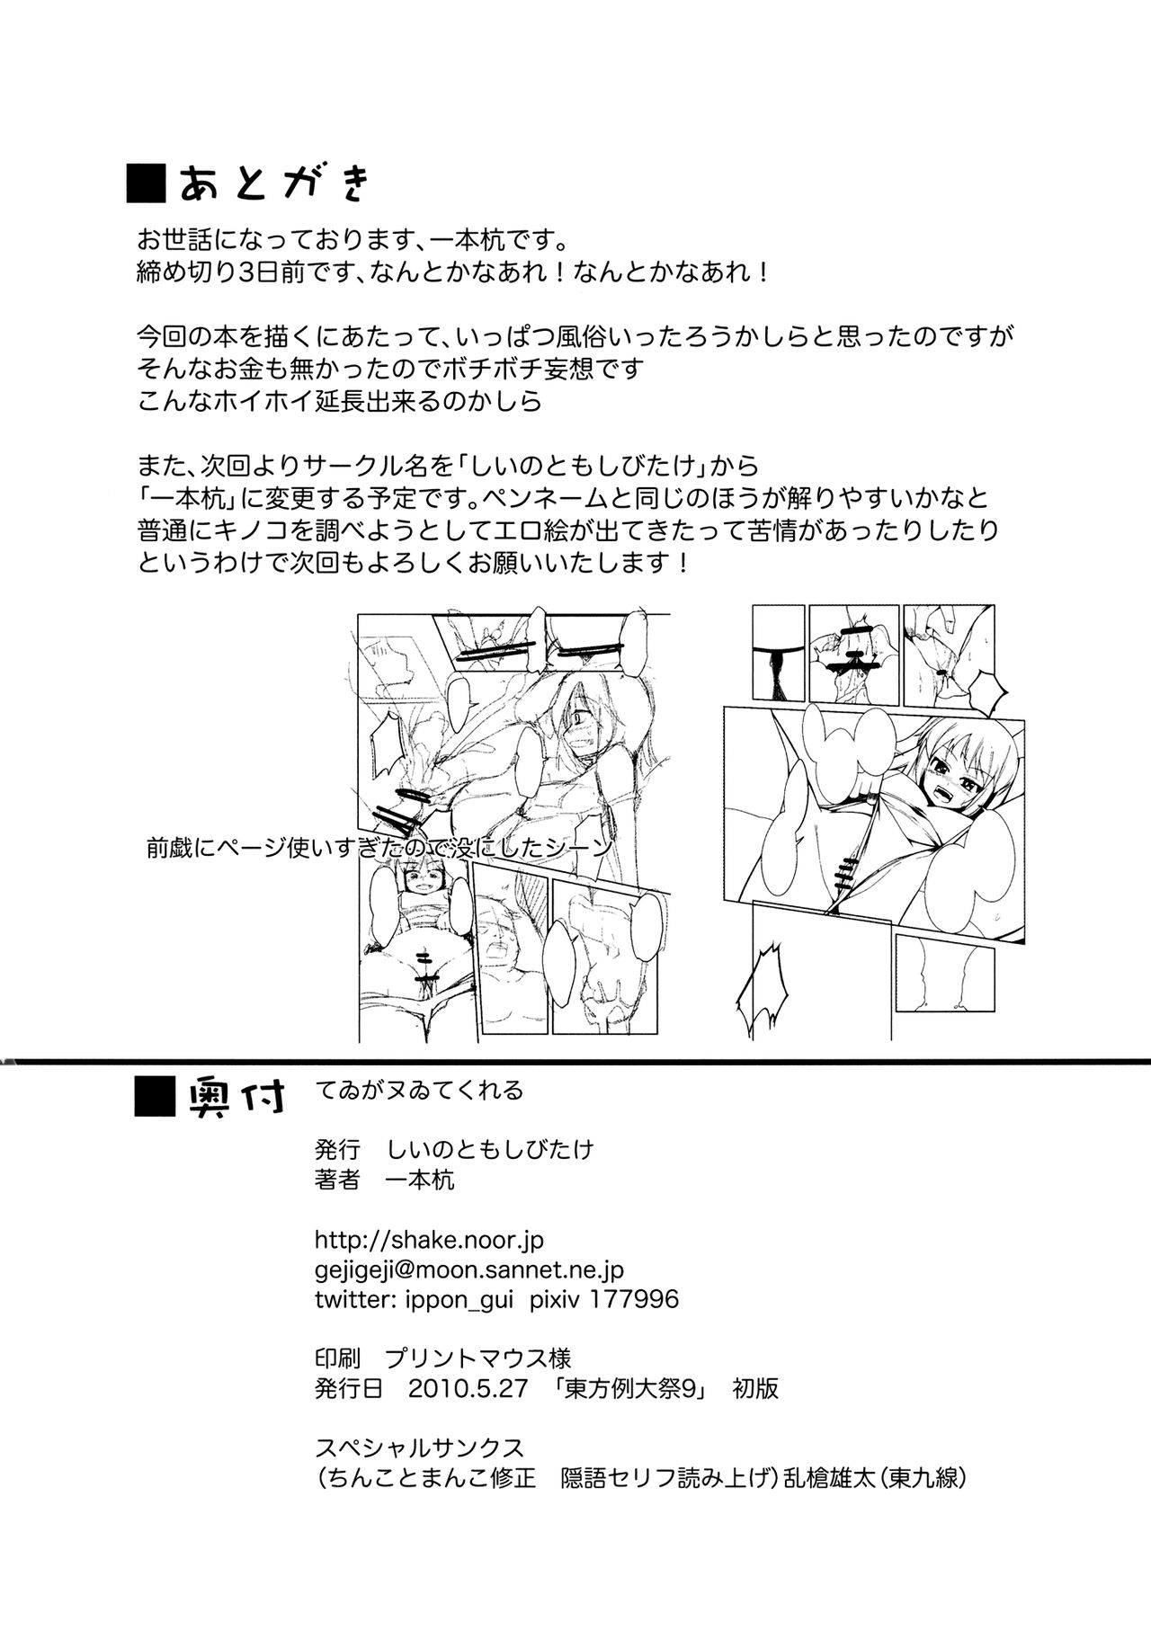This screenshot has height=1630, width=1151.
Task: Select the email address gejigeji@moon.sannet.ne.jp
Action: [468, 1269]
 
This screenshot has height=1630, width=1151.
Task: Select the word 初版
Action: [755, 1388]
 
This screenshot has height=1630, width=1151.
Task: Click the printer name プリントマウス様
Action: [477, 1358]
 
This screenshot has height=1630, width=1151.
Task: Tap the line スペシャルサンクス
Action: [419, 1447]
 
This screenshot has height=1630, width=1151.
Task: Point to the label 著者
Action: [337, 1180]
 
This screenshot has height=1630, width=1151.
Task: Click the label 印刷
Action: [337, 1358]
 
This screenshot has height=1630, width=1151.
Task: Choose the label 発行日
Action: [349, 1388]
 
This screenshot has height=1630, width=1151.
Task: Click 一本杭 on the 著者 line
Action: [419, 1180]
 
